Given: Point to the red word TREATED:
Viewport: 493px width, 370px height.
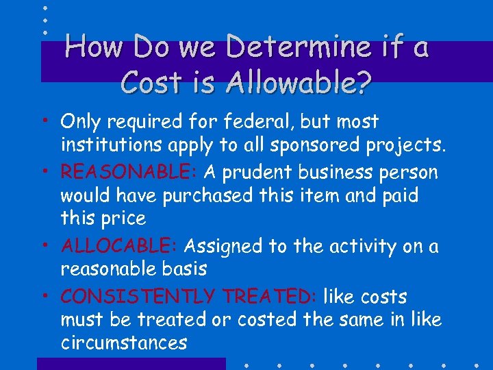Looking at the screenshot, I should [268, 297].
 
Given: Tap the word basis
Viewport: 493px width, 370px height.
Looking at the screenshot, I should [184, 269].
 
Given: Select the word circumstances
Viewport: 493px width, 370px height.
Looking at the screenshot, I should [123, 343].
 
